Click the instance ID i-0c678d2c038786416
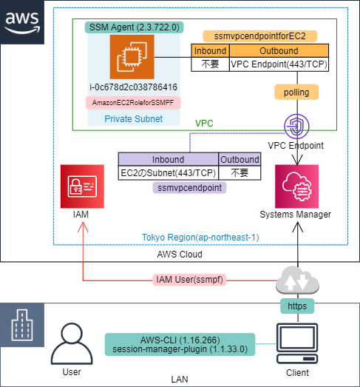pyautogui.click(x=133, y=87)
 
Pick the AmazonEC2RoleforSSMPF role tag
pyautogui.click(x=133, y=103)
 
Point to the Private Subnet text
pyautogui.click(x=133, y=118)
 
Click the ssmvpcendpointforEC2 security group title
pyautogui.click(x=259, y=36)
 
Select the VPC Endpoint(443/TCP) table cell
pyautogui.click(x=279, y=64)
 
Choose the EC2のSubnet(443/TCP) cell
pyautogui.click(x=169, y=172)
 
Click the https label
pyautogui.click(x=296, y=305)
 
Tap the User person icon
pyautogui.click(x=72, y=343)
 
